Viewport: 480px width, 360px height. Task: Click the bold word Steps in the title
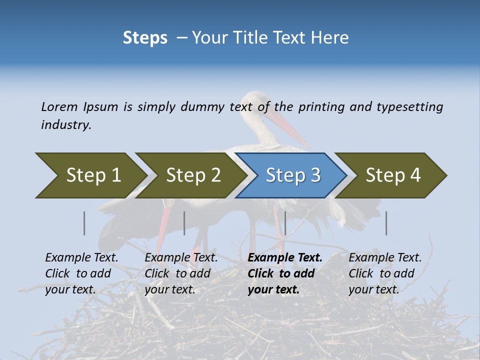[145, 38]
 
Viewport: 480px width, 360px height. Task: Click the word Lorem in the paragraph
[59, 106]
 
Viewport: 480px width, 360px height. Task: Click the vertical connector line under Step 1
[84, 223]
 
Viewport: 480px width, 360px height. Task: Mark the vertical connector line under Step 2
[184, 223]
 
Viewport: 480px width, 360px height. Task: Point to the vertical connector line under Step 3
[285, 223]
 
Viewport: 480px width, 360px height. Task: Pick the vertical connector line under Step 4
[386, 223]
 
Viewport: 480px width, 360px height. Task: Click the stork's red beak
[290, 127]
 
